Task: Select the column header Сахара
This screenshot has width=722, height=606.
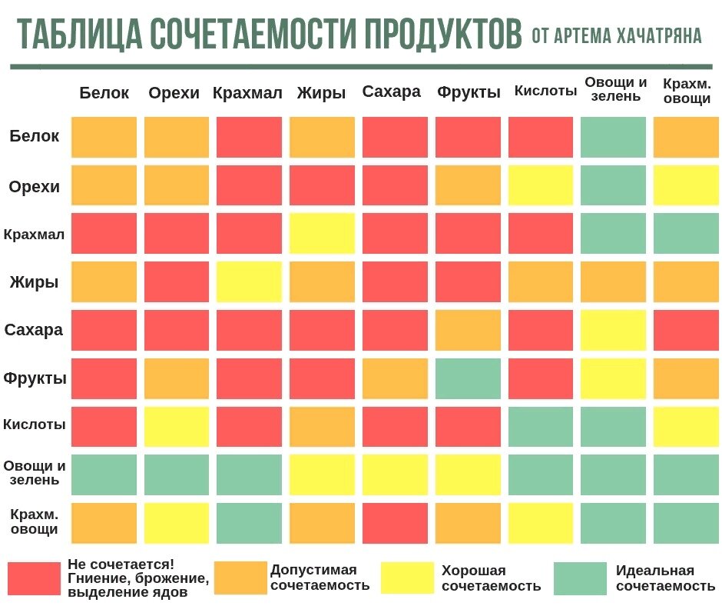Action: tap(392, 92)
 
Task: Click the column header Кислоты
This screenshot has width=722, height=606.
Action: tap(545, 92)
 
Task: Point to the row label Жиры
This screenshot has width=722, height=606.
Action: tap(34, 281)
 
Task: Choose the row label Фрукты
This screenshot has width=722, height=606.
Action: tap(34, 378)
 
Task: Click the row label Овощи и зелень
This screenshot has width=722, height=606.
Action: tap(34, 473)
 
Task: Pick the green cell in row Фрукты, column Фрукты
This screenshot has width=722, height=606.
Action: tap(468, 378)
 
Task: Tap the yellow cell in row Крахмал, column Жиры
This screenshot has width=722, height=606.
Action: tap(323, 234)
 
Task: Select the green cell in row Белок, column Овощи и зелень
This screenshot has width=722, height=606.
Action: tap(613, 137)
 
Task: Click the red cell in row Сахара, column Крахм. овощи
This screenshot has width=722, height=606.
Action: tap(686, 330)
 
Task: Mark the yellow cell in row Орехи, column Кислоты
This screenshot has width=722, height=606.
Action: tap(541, 185)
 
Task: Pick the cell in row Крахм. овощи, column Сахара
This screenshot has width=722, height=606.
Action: tap(395, 523)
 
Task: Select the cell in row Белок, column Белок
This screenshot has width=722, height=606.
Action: tap(104, 137)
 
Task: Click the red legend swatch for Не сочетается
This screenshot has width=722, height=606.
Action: tap(34, 578)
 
